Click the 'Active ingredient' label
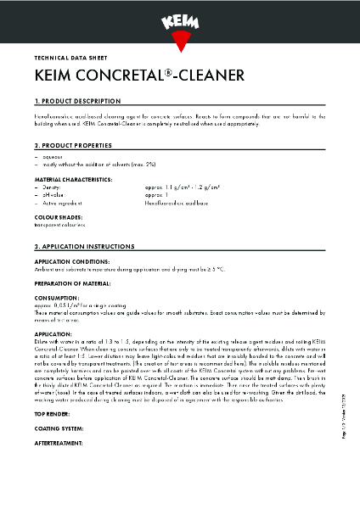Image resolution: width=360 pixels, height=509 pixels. point(64,204)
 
